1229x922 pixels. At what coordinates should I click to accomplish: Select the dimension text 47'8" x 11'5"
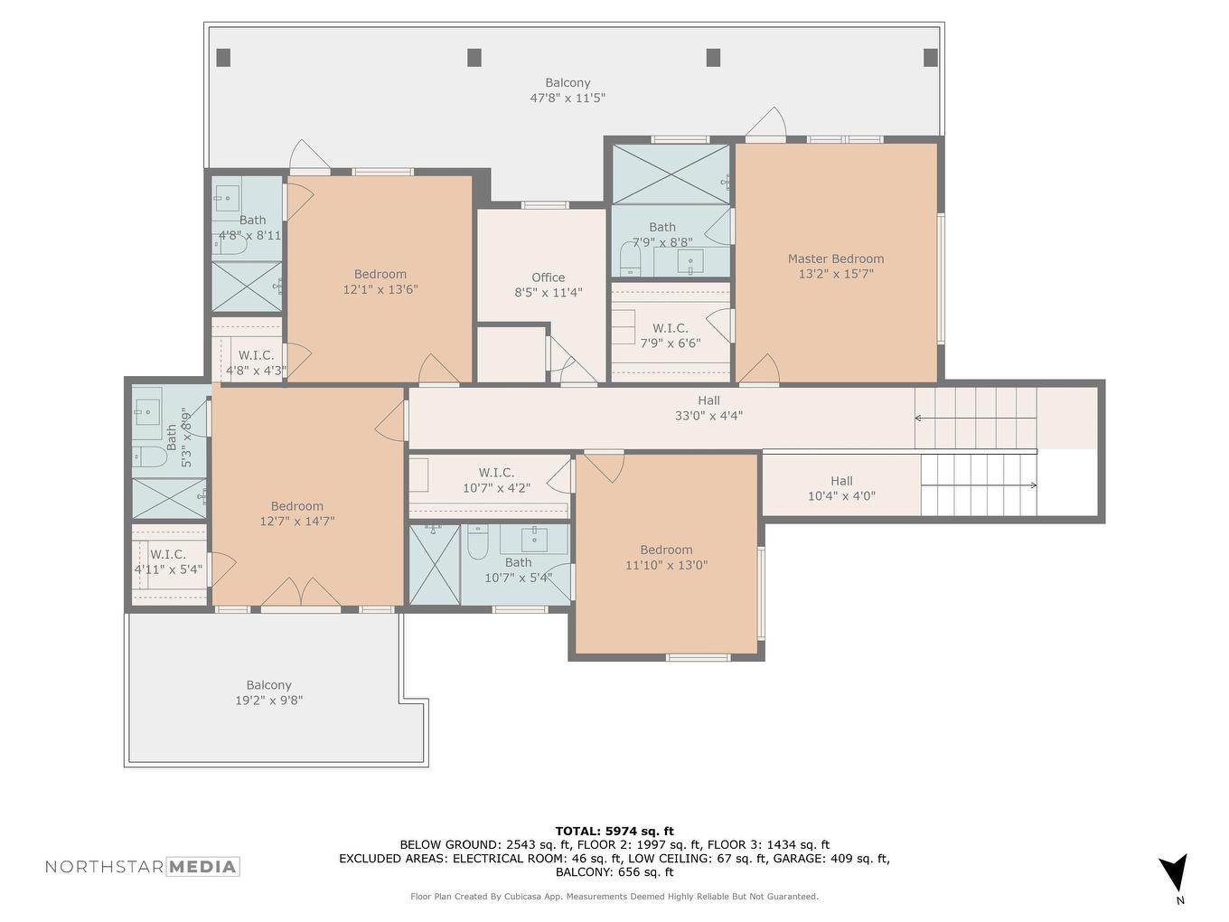tap(568, 98)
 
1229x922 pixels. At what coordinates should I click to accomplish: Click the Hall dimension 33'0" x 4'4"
tap(708, 417)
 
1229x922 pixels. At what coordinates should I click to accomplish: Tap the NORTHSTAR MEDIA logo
tap(143, 867)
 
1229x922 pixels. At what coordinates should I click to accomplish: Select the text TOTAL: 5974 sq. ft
tap(614, 831)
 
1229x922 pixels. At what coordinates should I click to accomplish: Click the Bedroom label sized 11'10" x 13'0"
tap(666, 558)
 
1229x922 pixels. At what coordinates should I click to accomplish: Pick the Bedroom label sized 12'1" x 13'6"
tap(380, 282)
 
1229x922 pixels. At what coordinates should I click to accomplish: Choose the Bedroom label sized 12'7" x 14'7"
tap(297, 513)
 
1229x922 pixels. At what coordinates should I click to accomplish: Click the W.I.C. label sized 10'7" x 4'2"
tap(496, 480)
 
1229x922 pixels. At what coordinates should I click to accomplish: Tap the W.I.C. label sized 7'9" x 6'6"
tap(671, 335)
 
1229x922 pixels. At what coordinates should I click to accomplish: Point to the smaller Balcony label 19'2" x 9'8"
tap(268, 692)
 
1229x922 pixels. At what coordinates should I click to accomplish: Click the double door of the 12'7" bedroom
tap(301, 594)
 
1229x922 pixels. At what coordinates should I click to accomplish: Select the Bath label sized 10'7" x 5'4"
tap(518, 569)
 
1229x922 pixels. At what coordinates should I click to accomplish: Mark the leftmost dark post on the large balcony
tap(223, 58)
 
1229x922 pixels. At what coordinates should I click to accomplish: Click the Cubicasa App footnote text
tap(614, 897)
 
